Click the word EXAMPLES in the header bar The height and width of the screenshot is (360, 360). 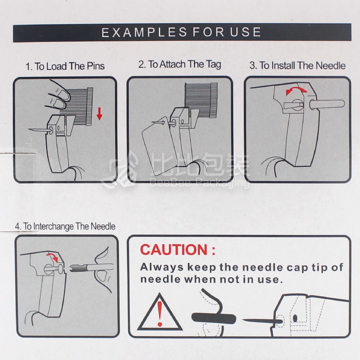click(144, 32)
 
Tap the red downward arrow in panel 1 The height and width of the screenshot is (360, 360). click(99, 114)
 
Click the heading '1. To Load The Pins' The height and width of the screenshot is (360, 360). click(65, 66)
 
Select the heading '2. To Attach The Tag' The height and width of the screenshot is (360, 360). click(180, 64)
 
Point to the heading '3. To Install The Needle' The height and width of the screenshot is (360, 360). click(297, 66)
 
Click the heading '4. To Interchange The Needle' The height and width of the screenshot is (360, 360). click(65, 226)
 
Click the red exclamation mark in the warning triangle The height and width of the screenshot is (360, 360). click(160, 314)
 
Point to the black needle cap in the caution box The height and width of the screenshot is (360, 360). click(213, 318)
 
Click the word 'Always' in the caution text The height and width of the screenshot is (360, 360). click(162, 267)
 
